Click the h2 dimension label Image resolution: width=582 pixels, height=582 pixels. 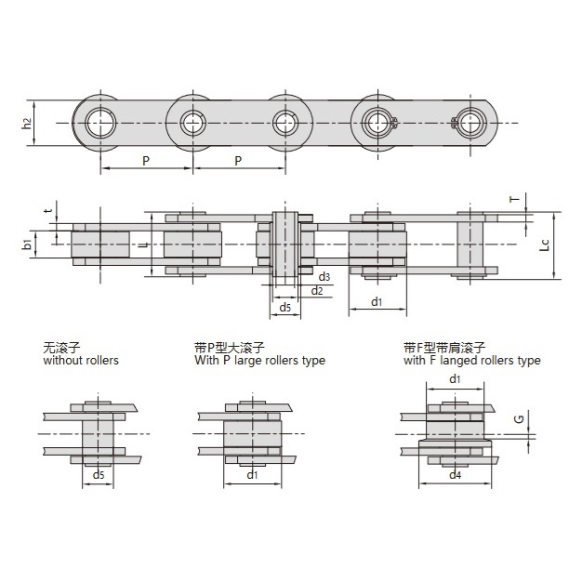pos(26,124)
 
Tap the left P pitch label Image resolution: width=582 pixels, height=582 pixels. pos(146,161)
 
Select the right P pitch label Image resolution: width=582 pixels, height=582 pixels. pos(238,161)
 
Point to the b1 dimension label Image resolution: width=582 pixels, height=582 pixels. pos(27,245)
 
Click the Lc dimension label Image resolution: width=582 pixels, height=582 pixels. pos(544,245)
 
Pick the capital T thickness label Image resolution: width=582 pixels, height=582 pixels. pos(515,199)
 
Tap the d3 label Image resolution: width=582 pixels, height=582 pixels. pos(324,276)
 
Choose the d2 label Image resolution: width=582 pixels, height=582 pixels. pos(317,291)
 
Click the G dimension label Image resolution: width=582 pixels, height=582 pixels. pos(520,419)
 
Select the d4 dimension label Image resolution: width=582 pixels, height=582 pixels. pos(455,475)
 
